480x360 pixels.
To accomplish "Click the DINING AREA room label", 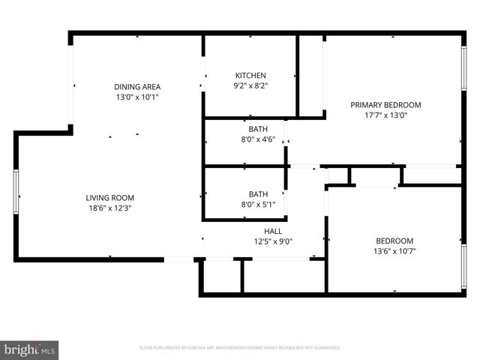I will coord(136,86).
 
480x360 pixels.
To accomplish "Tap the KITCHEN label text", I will coord(250,76).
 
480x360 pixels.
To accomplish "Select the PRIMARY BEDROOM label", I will coord(385,105).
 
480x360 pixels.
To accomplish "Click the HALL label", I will coord(272,231).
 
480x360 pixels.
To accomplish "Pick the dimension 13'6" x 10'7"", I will coord(394,251).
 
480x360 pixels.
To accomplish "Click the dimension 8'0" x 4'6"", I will coord(258,139).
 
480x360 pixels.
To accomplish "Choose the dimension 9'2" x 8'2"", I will coord(250,86).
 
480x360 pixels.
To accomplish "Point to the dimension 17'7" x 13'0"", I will coord(385,115).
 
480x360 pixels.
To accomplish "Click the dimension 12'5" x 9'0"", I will coord(272,241).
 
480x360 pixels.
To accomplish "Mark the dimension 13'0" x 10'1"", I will coord(136,97).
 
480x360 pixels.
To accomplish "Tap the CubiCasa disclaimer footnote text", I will coord(240,348).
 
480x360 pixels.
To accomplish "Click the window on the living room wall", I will coord(16,192).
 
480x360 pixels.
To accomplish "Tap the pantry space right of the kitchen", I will coord(311,75).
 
